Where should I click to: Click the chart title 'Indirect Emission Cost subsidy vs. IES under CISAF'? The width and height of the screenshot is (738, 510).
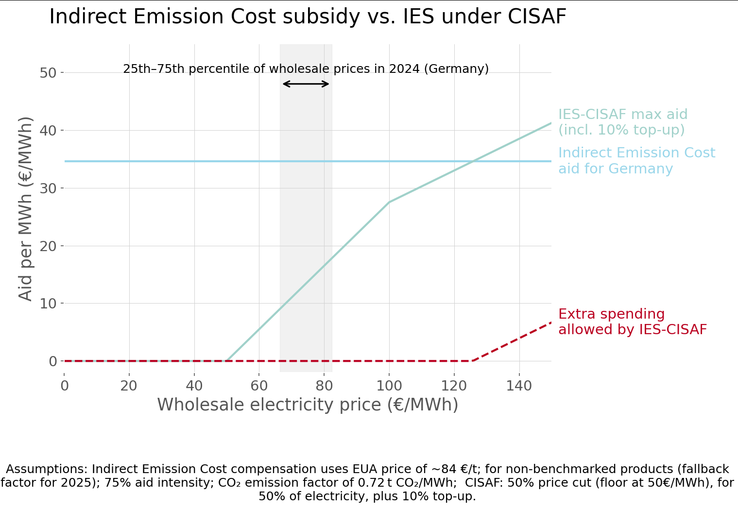[308, 17]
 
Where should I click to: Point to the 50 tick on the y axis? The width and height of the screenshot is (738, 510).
[48, 73]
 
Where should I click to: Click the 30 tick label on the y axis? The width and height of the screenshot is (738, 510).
[48, 188]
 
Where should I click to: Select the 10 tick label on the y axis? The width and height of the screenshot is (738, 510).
[48, 304]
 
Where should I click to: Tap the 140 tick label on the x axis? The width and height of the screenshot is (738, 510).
[519, 386]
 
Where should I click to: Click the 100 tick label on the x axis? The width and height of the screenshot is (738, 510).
[389, 386]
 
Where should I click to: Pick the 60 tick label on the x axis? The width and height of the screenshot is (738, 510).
[259, 386]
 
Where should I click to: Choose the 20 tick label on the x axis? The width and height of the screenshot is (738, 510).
[129, 386]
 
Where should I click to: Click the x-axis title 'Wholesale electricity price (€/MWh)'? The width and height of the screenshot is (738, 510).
[308, 405]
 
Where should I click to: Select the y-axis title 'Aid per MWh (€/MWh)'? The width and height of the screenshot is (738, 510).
[25, 209]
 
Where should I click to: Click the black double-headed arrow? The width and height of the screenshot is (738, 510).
[306, 84]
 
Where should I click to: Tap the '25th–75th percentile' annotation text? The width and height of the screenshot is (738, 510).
[306, 69]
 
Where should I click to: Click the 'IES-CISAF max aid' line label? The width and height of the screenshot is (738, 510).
[622, 122]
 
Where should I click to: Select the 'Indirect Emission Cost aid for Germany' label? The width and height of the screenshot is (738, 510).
[636, 160]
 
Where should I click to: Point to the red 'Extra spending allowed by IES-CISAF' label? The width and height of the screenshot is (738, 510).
[632, 322]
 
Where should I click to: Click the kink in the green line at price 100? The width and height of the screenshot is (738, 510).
[389, 202]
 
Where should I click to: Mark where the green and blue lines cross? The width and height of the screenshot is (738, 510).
[472, 161]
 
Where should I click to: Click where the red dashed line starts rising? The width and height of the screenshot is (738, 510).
[472, 361]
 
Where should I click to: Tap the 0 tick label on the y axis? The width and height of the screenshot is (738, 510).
[52, 361]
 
